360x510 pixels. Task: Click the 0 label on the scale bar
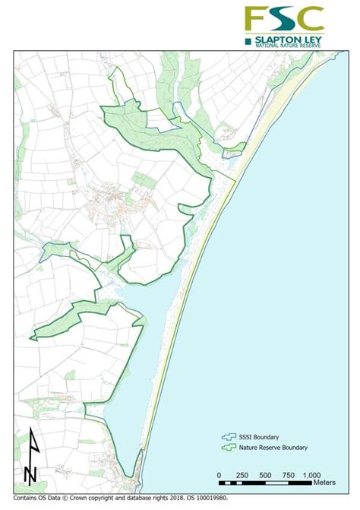tap(219, 475)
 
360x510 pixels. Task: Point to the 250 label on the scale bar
tap(242, 475)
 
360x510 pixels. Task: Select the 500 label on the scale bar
tap(265, 475)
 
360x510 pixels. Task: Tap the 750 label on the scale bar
tap(289, 475)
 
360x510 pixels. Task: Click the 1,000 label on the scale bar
tap(312, 475)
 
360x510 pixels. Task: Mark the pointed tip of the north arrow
tap(30, 429)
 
